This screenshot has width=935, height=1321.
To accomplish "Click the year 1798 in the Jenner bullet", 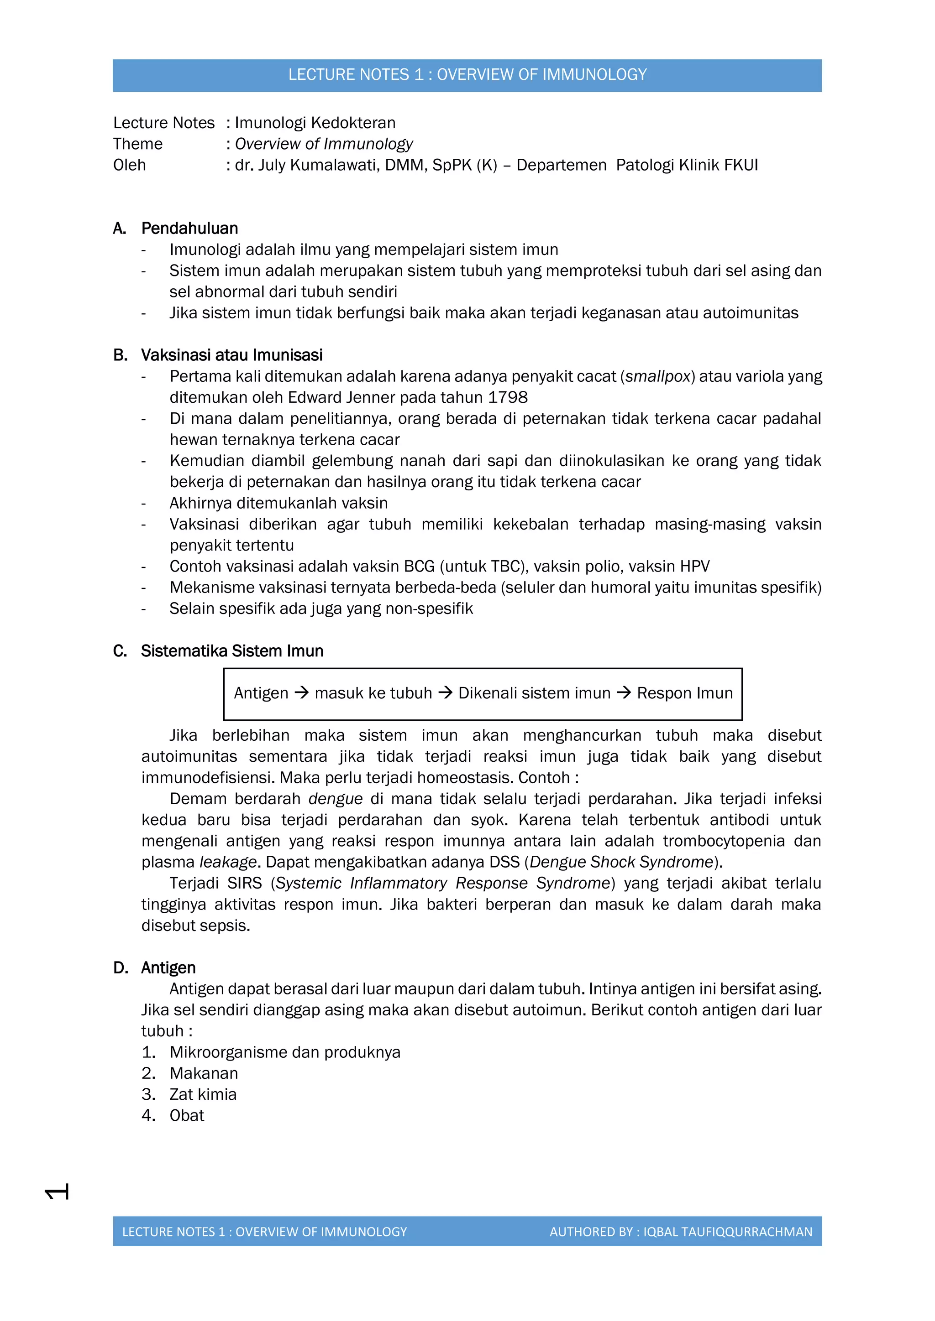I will point(507,398).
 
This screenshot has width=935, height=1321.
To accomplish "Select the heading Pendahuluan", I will point(189,229).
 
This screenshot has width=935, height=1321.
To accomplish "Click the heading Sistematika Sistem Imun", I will point(232,651).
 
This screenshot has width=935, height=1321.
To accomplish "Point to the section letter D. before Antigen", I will point(121,968).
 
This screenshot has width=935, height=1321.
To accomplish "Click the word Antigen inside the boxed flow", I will point(261,693).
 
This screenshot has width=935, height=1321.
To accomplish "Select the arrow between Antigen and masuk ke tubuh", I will point(302,693).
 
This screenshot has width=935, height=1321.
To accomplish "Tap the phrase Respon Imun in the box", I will point(684,693).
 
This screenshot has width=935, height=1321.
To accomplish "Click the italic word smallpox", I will point(657,376).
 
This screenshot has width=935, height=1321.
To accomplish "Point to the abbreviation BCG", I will point(419,567).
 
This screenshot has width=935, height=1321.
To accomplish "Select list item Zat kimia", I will point(203,1094).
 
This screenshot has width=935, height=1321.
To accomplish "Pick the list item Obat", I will point(187,1116).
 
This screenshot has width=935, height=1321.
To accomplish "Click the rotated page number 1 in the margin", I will point(57,1191).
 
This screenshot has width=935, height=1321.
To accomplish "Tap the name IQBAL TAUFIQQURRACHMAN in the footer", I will point(728,1232).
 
